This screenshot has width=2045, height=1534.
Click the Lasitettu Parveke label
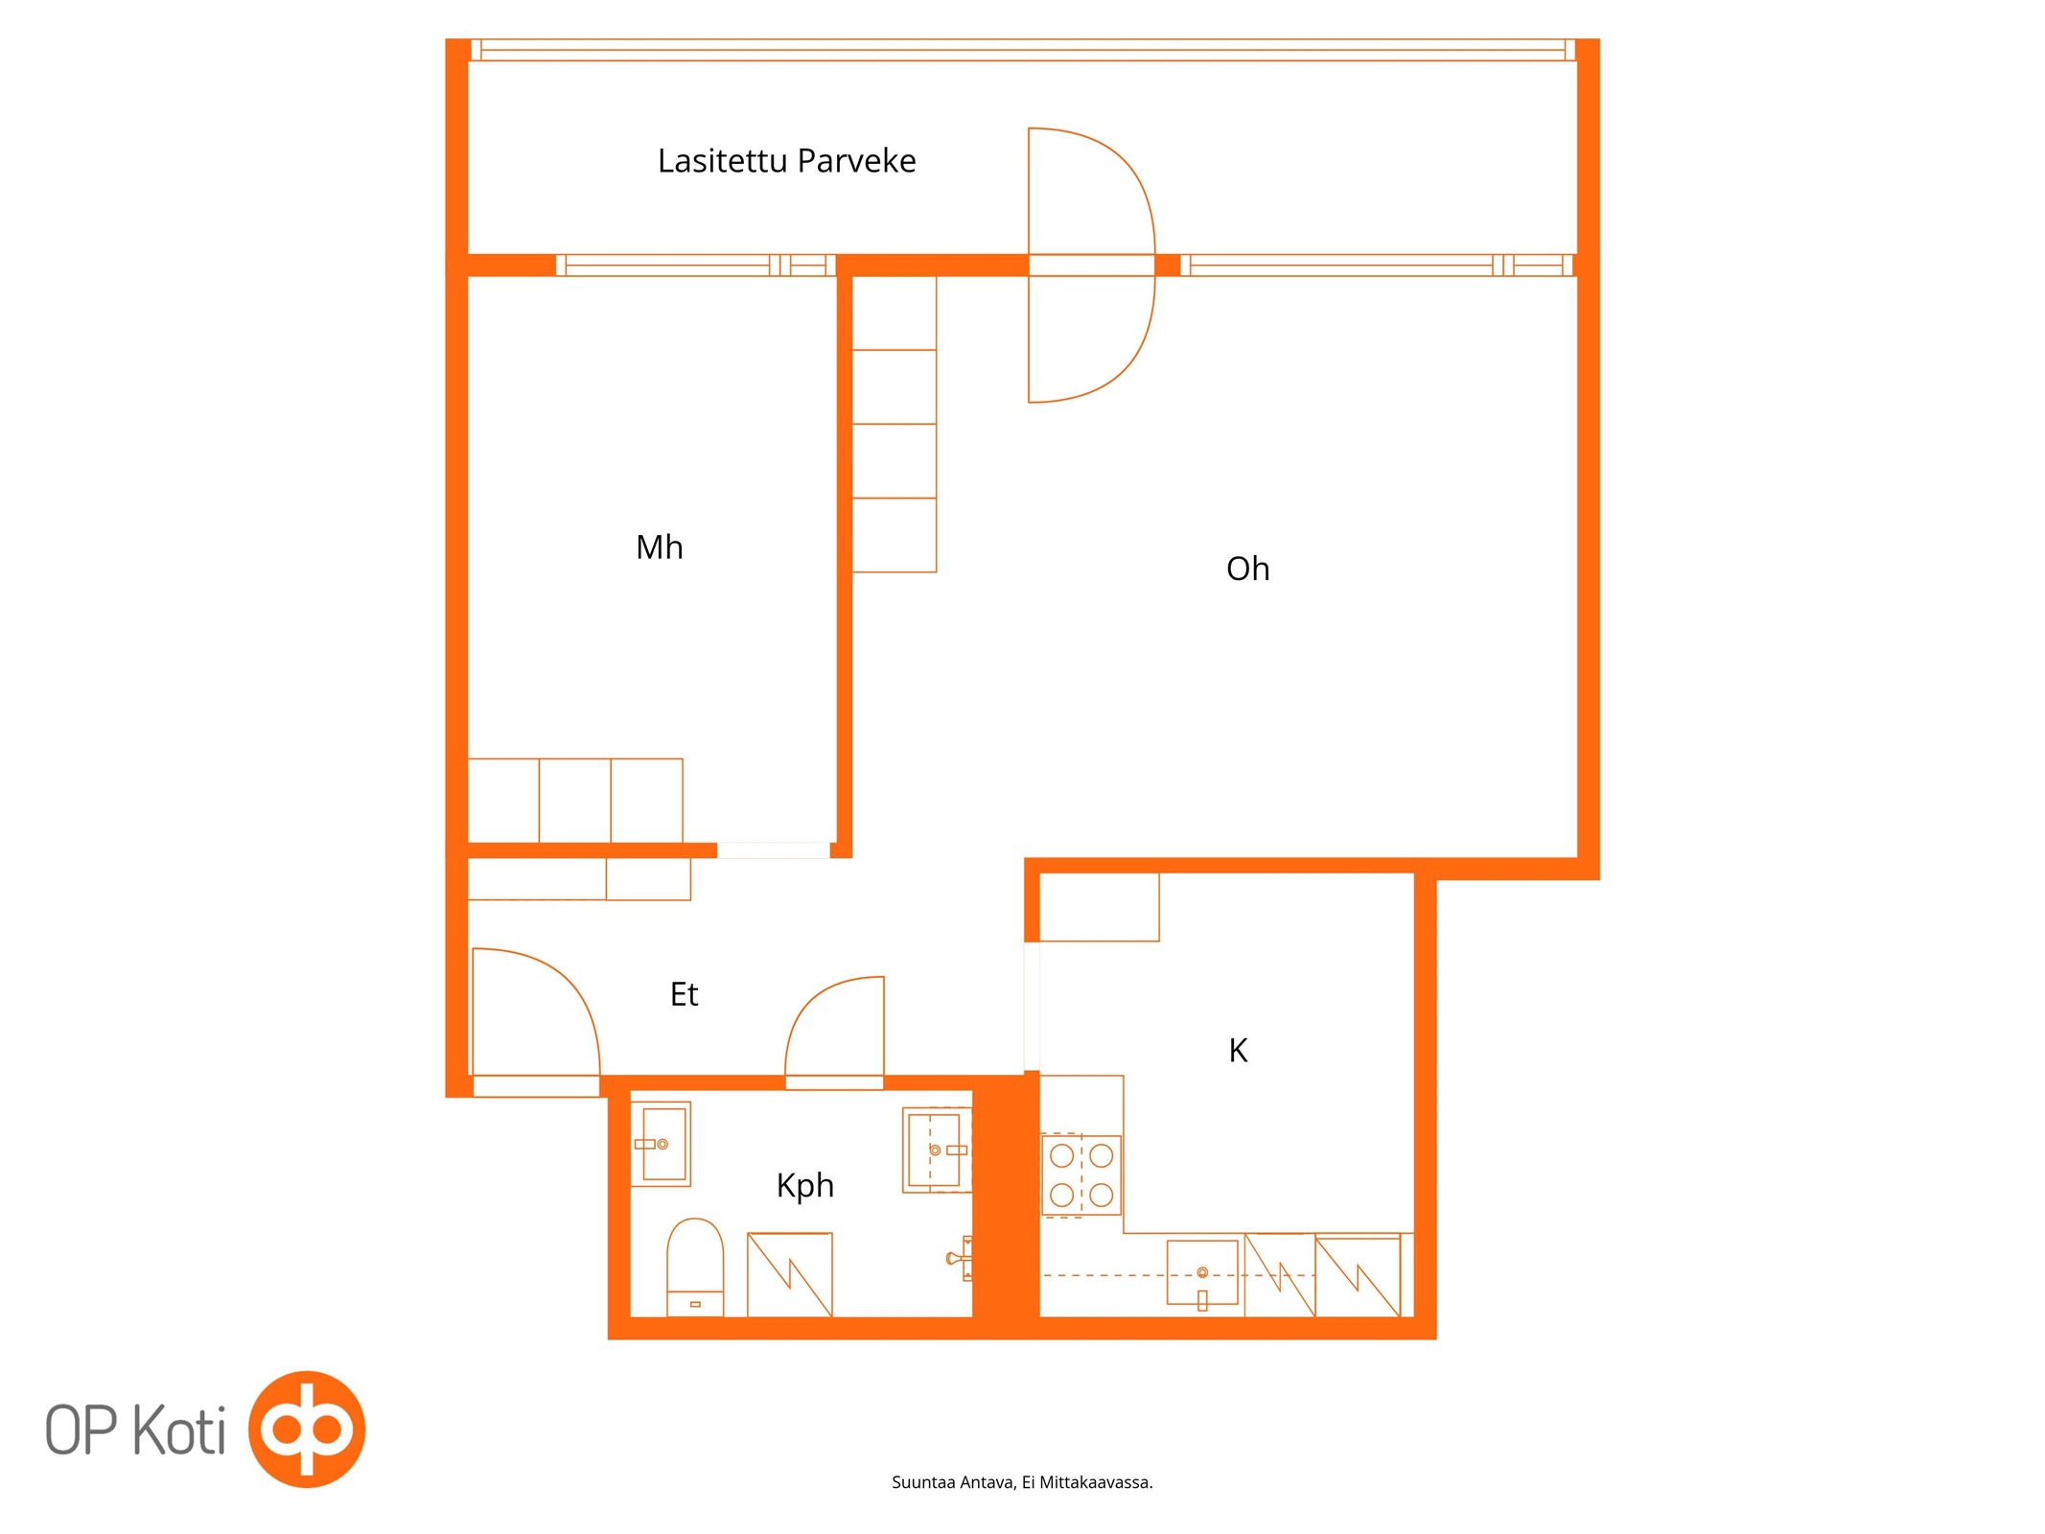[786, 160]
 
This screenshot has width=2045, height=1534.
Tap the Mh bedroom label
[660, 546]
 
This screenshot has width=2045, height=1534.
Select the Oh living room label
[1247, 569]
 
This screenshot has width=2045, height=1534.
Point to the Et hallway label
[684, 994]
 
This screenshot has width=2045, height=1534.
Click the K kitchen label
[1238, 1050]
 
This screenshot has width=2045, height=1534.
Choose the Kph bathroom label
[804, 1186]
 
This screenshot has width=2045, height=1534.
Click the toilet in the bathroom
[695, 1267]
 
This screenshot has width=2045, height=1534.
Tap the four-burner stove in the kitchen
[1081, 1174]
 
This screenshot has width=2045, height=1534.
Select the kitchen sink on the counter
[1202, 1273]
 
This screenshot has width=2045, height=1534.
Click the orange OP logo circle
[307, 1429]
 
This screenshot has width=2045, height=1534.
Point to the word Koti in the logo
[178, 1429]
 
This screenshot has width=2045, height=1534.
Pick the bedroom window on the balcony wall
[695, 266]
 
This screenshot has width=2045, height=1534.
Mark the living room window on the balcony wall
[1377, 266]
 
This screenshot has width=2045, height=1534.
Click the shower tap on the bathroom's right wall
[960, 1258]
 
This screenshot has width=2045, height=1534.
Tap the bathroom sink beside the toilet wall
[661, 1144]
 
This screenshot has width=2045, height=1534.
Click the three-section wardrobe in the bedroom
[575, 801]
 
